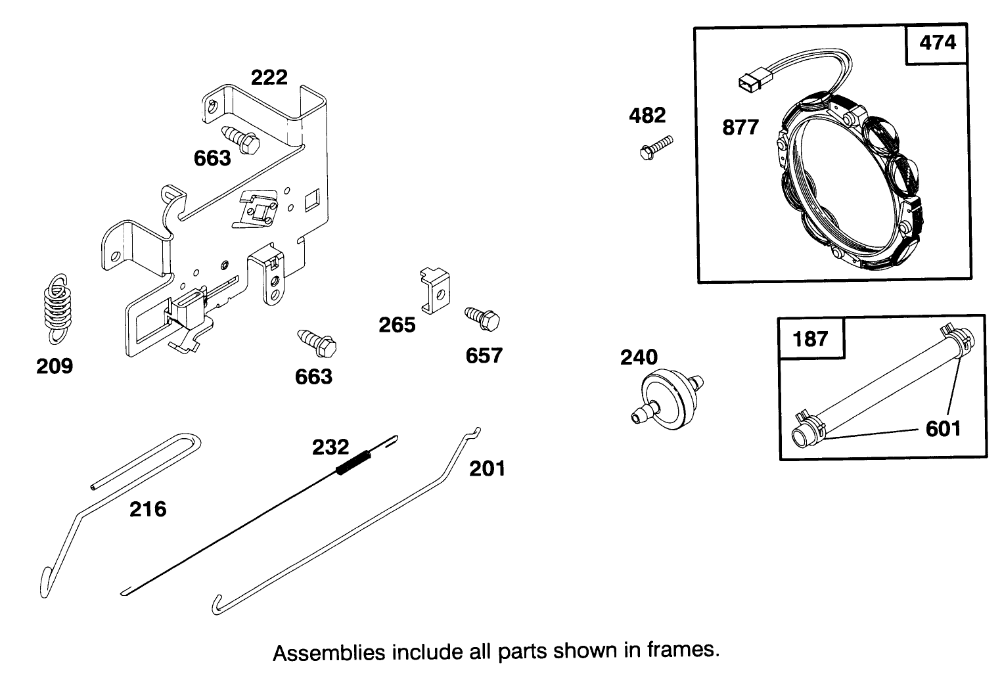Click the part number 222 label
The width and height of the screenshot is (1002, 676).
[x=269, y=78]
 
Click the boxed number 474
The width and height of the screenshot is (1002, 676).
[x=938, y=43]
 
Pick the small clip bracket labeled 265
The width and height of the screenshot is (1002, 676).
[x=433, y=290]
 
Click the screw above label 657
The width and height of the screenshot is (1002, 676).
[x=482, y=319]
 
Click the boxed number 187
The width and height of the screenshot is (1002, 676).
[x=811, y=339]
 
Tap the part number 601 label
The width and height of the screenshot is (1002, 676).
[x=943, y=429]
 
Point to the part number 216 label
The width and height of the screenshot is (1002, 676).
[x=148, y=509]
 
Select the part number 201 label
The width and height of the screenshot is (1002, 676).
[x=487, y=469]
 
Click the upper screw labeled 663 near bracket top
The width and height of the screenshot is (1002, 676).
[x=242, y=138]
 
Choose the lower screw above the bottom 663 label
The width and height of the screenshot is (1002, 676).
[x=317, y=342]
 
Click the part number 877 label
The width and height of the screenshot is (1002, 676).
[x=740, y=127]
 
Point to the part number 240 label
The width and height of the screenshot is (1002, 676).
[x=639, y=357]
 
